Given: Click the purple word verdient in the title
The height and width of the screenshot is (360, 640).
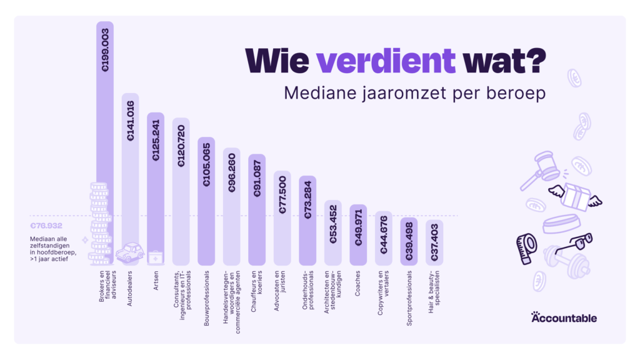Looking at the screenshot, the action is pyautogui.click(x=386, y=61).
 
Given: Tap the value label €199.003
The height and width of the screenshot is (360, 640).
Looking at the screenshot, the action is pyautogui.click(x=105, y=50).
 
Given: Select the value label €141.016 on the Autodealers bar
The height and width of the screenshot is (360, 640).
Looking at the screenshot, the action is pyautogui.click(x=130, y=121).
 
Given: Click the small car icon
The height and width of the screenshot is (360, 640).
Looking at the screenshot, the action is pyautogui.click(x=130, y=252).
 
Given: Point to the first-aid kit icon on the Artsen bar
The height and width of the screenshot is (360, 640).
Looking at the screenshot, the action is pyautogui.click(x=156, y=257).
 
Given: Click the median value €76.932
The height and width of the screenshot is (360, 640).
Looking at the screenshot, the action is pyautogui.click(x=46, y=226).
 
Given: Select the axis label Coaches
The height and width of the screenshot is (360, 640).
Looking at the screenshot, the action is pyautogui.click(x=357, y=283).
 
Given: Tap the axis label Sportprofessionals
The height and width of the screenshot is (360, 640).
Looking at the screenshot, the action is pyautogui.click(x=409, y=298).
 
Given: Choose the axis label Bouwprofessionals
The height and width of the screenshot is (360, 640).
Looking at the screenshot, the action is pyautogui.click(x=206, y=298).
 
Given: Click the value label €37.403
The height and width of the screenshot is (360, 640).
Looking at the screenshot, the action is pyautogui.click(x=434, y=242).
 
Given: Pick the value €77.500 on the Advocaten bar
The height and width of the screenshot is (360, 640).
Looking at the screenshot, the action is pyautogui.click(x=282, y=195).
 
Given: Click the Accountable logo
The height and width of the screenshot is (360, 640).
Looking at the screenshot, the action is pyautogui.click(x=564, y=317).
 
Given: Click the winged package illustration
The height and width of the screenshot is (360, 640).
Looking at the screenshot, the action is pyautogui.click(x=575, y=197).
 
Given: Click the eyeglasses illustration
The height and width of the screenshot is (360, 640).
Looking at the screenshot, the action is pyautogui.click(x=575, y=243).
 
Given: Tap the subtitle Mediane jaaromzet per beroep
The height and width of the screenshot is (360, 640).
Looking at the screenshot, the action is pyautogui.click(x=415, y=93).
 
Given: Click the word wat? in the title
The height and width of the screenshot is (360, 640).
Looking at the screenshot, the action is pyautogui.click(x=504, y=61).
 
